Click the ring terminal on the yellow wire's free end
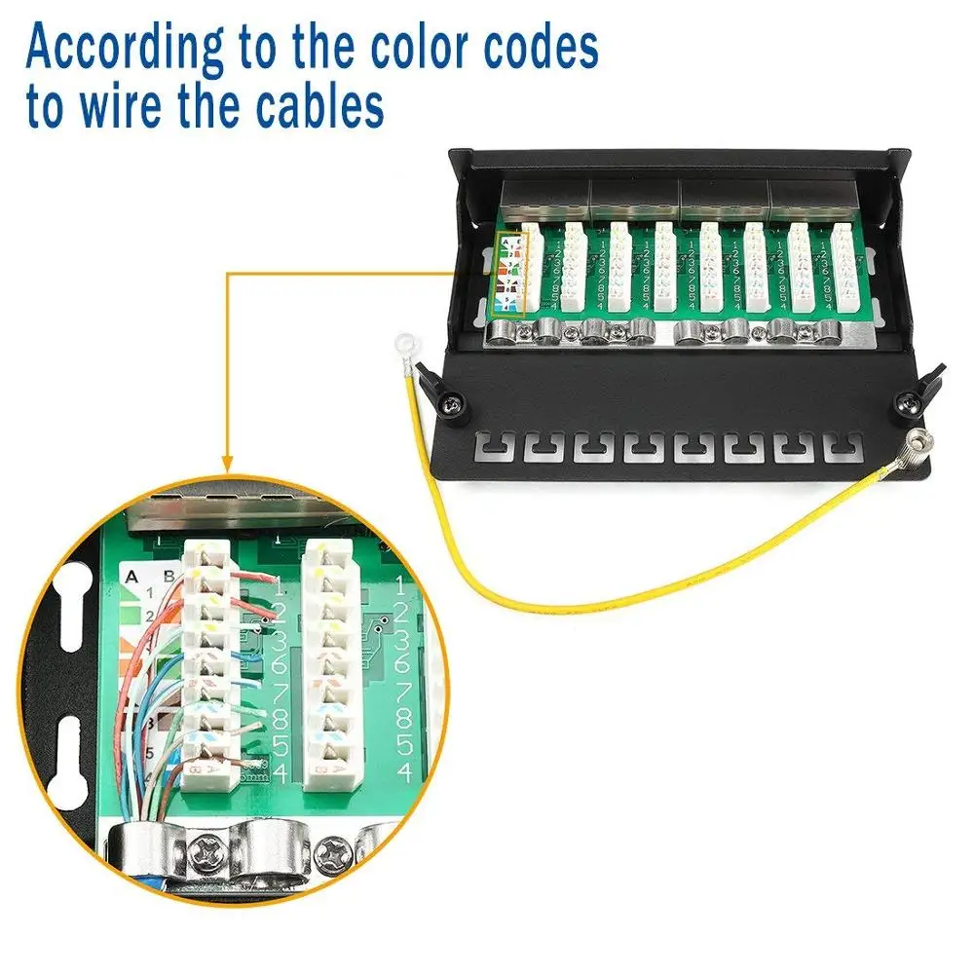coord(401,343)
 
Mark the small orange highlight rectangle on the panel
coord(511,275)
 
